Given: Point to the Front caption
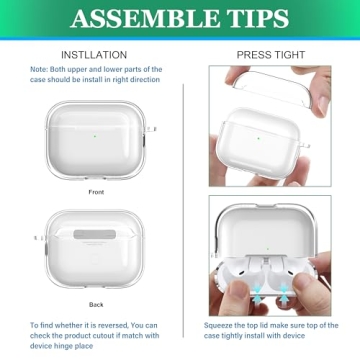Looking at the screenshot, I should [96, 191].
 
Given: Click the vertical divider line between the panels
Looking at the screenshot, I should [182, 200].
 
